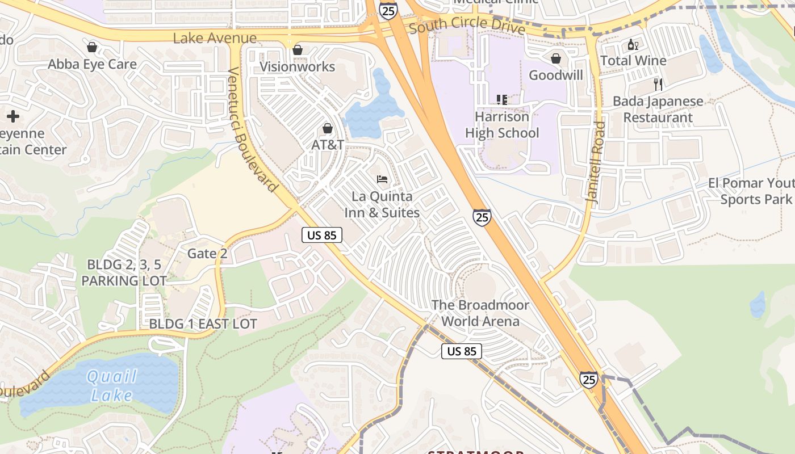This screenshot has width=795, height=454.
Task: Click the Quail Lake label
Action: pyautogui.click(x=111, y=385)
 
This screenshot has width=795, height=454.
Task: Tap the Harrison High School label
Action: pyautogui.click(x=502, y=125)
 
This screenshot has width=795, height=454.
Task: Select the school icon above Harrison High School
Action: pyautogui.click(x=501, y=100)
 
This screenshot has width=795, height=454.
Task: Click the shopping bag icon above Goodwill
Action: pyautogui.click(x=556, y=58)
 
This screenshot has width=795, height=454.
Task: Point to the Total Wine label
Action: pyautogui.click(x=633, y=61)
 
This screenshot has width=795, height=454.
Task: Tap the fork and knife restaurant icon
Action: pyautogui.click(x=658, y=85)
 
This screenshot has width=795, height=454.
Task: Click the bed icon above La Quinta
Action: pyautogui.click(x=382, y=179)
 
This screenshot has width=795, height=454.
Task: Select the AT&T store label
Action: pyautogui.click(x=328, y=145)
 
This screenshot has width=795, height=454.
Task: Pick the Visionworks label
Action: pyautogui.click(x=297, y=66)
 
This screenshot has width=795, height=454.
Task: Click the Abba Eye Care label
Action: pyautogui.click(x=92, y=64)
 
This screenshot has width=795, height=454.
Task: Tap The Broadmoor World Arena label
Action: pyautogui.click(x=480, y=313)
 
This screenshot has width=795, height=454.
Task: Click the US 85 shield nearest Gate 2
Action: pyautogui.click(x=322, y=235)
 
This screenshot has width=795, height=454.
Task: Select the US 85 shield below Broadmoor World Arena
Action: pyautogui.click(x=462, y=351)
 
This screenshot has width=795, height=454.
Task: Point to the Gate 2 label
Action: pyautogui.click(x=207, y=254)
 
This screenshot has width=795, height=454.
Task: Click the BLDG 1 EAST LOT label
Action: pyautogui.click(x=203, y=324)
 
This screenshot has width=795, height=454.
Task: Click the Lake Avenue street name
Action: pyautogui.click(x=215, y=39)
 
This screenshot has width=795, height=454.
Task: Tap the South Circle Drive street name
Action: pyautogui.click(x=466, y=24)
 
